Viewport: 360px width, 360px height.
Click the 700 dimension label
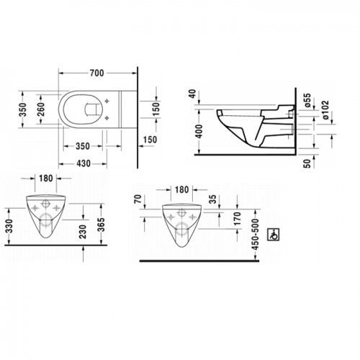click(x=97, y=73)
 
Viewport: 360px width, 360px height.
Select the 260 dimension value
click(x=41, y=109)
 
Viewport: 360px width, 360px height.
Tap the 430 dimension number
click(x=84, y=163)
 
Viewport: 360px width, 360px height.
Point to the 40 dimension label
click(x=193, y=94)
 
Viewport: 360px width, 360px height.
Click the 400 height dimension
click(x=199, y=132)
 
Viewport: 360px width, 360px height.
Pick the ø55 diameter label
click(x=307, y=100)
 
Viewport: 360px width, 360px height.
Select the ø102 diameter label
click(x=325, y=110)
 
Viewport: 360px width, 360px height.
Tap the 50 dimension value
click(x=307, y=163)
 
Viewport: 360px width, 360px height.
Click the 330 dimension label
click(x=9, y=226)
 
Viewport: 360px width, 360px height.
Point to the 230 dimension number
click(x=83, y=232)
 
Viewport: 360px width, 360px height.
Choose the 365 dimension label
click(x=102, y=225)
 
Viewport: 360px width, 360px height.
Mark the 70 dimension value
click(x=138, y=199)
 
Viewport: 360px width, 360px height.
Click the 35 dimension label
click(x=212, y=199)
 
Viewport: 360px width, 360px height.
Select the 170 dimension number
click(x=237, y=219)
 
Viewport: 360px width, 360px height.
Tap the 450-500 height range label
click(x=256, y=234)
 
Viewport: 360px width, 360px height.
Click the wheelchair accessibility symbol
click(x=274, y=234)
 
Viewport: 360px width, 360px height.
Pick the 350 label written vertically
click(x=23, y=109)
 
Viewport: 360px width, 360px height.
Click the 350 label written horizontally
click(x=83, y=146)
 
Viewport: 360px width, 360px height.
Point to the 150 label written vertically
click(x=156, y=109)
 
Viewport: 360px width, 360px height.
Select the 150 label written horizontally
click(x=150, y=140)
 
